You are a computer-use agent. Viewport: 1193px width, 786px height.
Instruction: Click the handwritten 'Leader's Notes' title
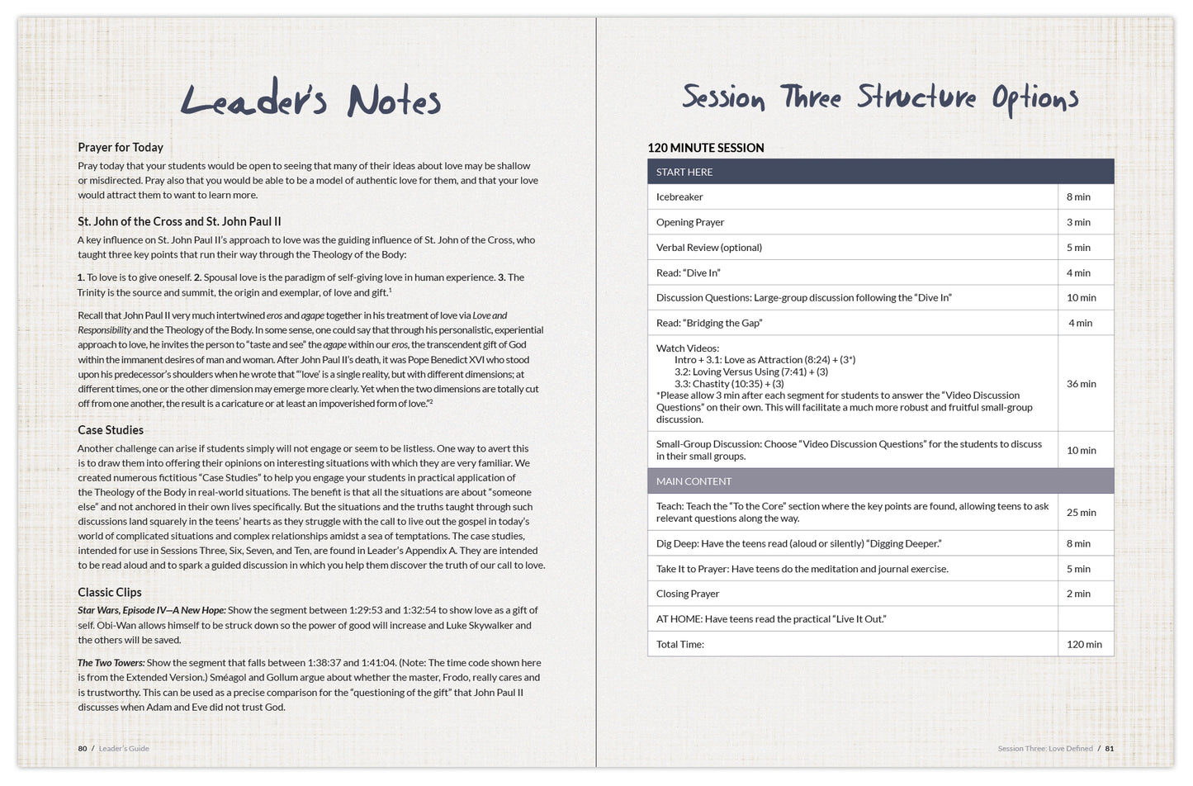click(x=310, y=101)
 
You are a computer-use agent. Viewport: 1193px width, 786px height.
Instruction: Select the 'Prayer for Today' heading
click(x=121, y=147)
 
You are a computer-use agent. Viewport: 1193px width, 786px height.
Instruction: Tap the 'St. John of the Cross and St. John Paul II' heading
click(x=179, y=221)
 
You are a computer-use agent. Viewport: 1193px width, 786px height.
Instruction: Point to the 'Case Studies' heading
click(x=111, y=430)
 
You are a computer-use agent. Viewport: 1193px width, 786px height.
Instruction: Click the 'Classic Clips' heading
click(x=110, y=592)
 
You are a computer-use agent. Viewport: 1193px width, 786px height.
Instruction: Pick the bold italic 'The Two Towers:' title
click(x=111, y=663)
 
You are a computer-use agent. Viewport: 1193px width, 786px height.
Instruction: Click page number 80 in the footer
click(x=83, y=749)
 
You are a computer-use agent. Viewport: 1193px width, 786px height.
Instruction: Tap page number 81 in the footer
click(x=1110, y=749)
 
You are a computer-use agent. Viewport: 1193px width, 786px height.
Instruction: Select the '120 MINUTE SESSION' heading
click(x=706, y=148)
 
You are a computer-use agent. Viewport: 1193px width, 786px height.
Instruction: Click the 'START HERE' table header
click(x=684, y=172)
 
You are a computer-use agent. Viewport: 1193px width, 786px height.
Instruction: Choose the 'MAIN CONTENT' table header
click(x=694, y=481)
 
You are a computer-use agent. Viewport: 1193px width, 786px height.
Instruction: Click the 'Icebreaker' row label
click(x=679, y=197)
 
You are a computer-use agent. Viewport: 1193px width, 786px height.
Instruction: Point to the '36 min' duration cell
click(x=1082, y=384)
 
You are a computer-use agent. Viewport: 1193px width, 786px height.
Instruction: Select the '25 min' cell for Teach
click(x=1082, y=513)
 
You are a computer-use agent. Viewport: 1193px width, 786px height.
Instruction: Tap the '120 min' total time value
click(x=1084, y=645)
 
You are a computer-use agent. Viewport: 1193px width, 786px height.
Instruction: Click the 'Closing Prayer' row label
click(x=688, y=594)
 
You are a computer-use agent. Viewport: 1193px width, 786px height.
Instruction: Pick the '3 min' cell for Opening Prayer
click(x=1078, y=222)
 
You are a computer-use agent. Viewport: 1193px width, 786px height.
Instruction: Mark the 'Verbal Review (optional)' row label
click(x=709, y=248)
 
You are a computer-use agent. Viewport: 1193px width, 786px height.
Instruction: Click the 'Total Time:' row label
click(x=680, y=645)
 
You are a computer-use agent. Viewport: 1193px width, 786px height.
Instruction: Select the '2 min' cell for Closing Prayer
click(x=1078, y=594)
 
